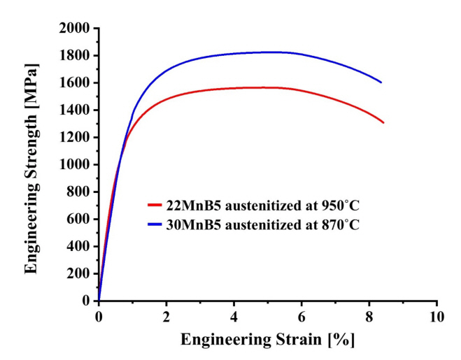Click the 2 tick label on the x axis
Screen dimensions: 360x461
tap(166, 316)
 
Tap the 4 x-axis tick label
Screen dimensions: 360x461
tap(234, 316)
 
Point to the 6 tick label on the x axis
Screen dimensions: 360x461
tap(302, 316)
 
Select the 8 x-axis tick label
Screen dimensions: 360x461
tap(369, 316)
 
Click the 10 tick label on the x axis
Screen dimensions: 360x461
tap(437, 316)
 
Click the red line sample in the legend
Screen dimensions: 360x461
tap(155, 205)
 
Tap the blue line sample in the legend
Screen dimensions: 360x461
tap(155, 224)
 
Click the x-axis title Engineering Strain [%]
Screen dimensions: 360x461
tap(268, 340)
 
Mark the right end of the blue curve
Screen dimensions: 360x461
tap(381, 82)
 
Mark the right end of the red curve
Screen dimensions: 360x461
tap(383, 122)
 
